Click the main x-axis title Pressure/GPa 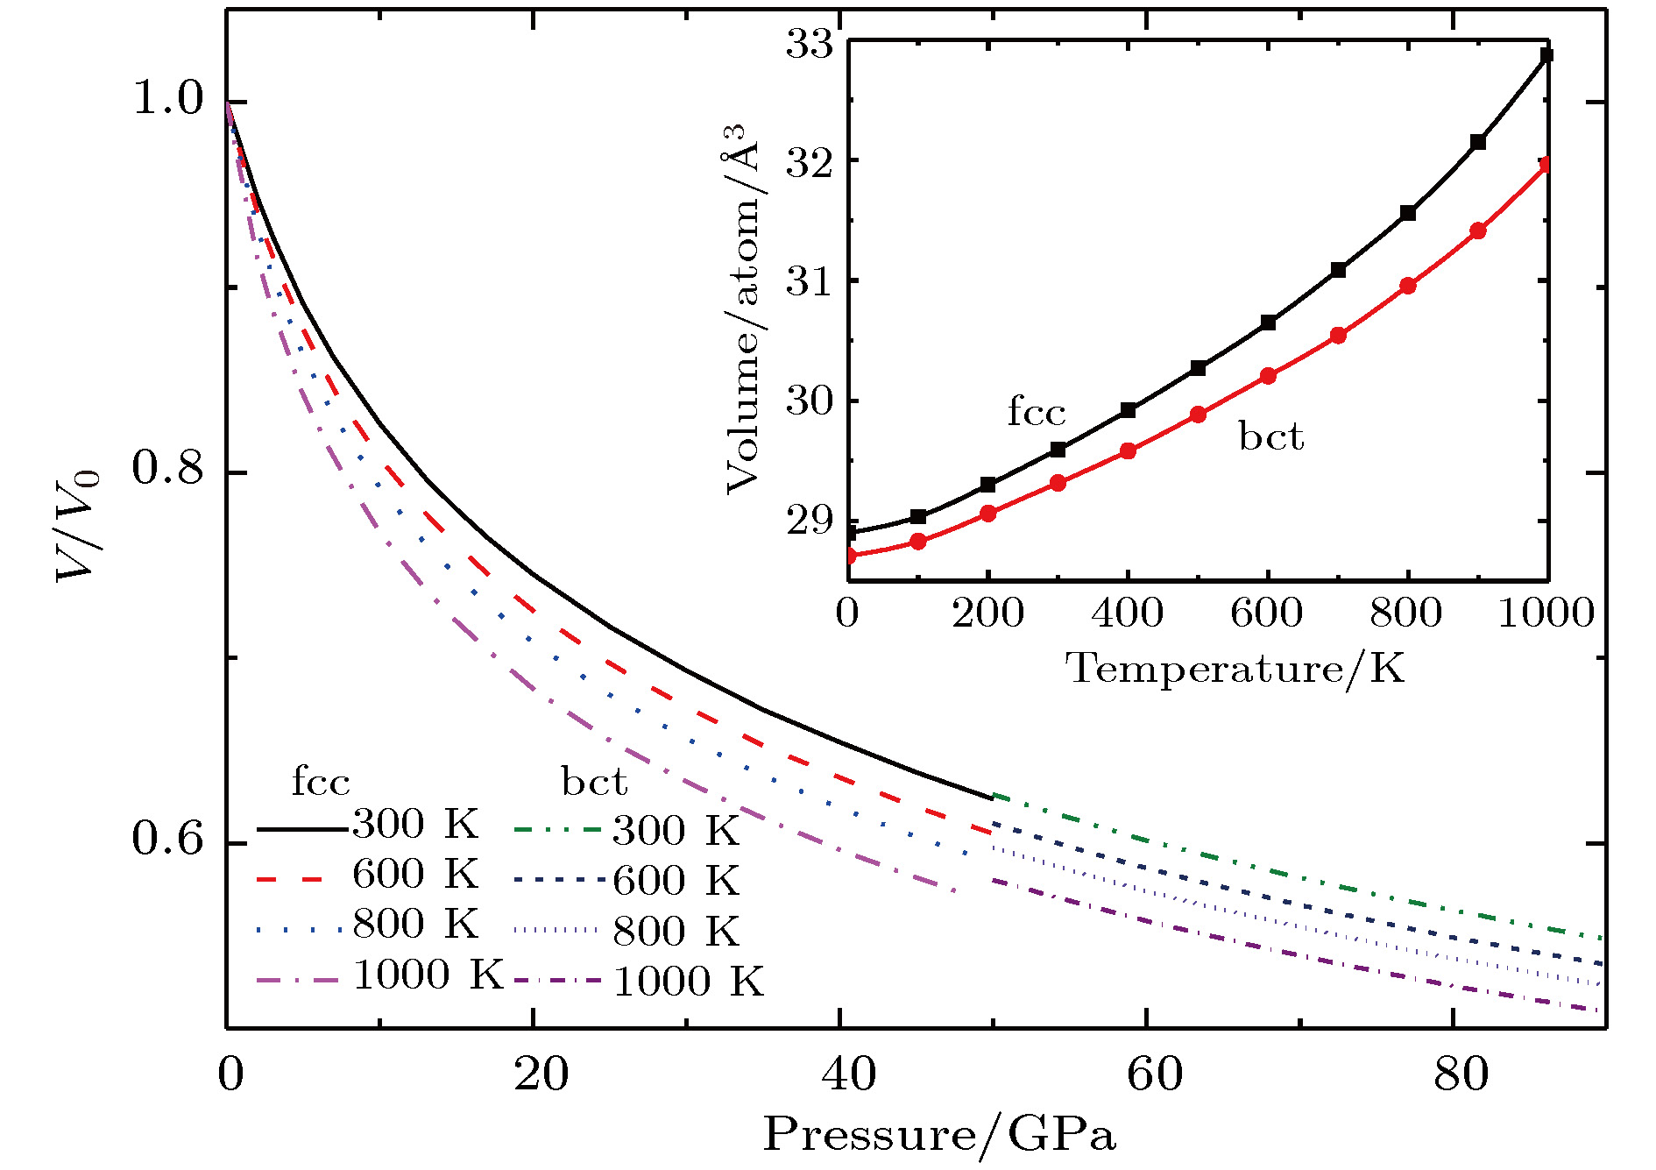(939, 1136)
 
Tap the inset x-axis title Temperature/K (1234, 670)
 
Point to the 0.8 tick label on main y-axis (167, 470)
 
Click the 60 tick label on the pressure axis (1154, 1074)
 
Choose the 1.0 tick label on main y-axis (167, 99)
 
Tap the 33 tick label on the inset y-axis (809, 43)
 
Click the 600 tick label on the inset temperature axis (1266, 613)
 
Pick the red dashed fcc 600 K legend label (415, 875)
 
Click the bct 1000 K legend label (688, 982)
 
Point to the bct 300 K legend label (676, 831)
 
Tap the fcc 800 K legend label (415, 925)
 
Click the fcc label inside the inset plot (1037, 412)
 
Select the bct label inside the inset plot (1270, 436)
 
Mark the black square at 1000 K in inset (1546, 55)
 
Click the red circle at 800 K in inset (1408, 286)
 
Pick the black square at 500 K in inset (1198, 368)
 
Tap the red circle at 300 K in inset (1058, 483)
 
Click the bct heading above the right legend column (594, 782)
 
